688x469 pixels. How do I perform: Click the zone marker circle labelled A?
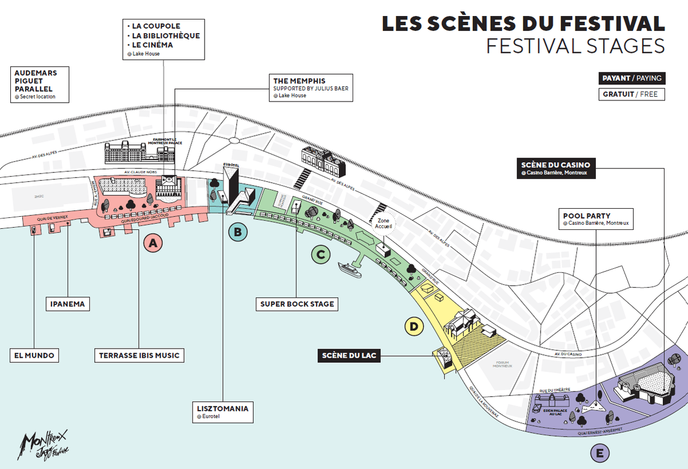click(152, 244)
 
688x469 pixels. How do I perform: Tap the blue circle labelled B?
click(237, 232)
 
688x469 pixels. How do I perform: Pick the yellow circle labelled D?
click(413, 327)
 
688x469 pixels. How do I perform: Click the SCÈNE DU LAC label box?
click(350, 355)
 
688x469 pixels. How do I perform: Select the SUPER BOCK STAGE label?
click(296, 304)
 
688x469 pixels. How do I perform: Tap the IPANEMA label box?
click(68, 304)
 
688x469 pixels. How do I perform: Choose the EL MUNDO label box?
click(34, 355)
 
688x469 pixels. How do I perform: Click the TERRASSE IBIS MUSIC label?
click(139, 355)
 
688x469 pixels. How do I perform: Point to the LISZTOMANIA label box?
click(222, 412)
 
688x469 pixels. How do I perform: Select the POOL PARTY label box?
click(596, 218)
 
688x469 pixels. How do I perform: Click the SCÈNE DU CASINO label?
click(556, 168)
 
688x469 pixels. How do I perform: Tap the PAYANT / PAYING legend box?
click(631, 79)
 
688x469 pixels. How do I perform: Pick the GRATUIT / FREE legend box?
click(631, 94)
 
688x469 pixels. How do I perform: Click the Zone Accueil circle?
click(384, 224)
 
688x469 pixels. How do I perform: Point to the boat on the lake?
click(350, 269)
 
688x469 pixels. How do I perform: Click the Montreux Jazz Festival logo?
click(45, 444)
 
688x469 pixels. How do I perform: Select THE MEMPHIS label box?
click(311, 88)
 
